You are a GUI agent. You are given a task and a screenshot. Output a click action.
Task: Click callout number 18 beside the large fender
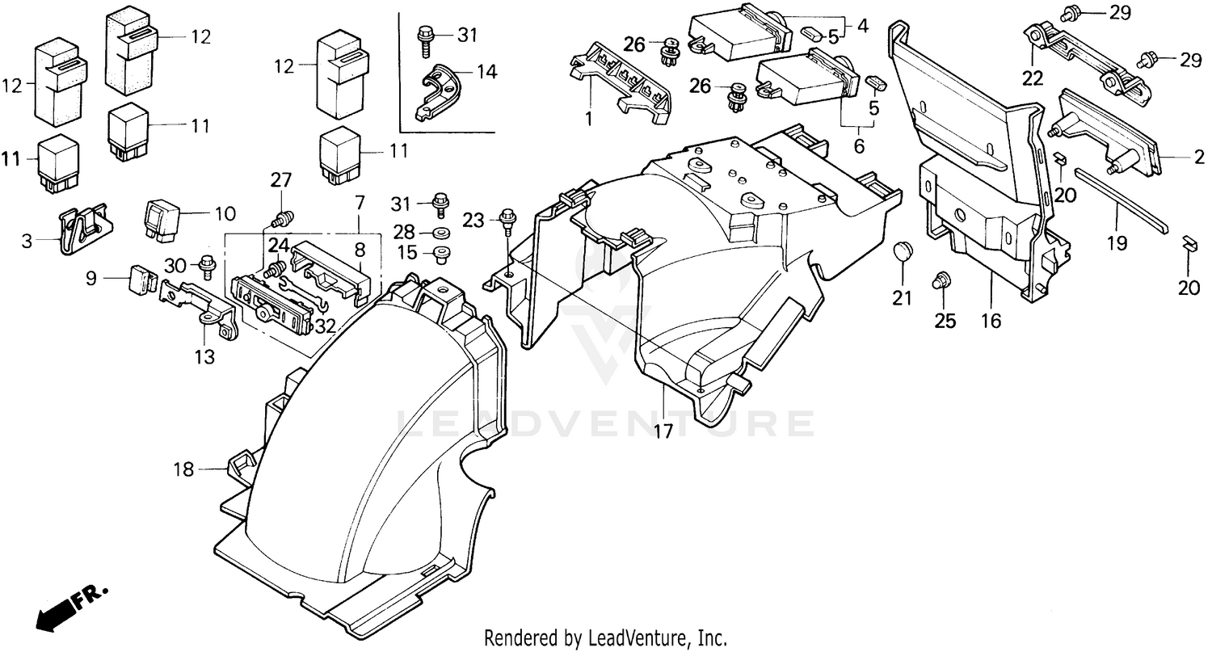click(184, 469)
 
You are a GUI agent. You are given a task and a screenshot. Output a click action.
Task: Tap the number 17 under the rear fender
click(663, 431)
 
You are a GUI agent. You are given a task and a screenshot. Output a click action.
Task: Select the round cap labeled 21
click(903, 253)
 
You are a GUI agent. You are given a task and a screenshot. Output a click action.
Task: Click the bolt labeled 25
click(941, 282)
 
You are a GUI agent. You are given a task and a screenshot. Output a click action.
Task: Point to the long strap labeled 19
click(1119, 198)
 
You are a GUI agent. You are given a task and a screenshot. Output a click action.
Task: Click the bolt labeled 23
click(508, 219)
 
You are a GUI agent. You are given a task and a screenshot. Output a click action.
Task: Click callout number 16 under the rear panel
click(991, 321)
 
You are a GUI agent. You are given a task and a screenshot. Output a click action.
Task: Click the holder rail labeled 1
click(622, 85)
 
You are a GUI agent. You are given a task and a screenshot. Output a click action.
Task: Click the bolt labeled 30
click(206, 263)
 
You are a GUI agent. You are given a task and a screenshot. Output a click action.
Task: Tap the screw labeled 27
click(283, 218)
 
